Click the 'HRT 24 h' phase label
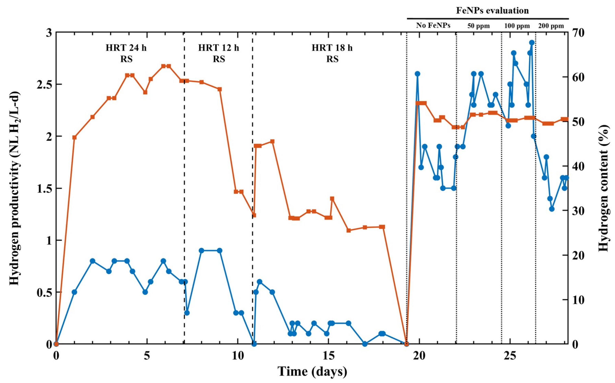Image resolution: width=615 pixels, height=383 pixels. tap(126, 48)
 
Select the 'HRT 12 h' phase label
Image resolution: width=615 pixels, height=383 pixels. tap(218, 48)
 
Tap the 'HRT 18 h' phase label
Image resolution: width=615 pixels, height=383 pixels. tap(332, 48)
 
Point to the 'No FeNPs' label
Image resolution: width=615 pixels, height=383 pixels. tap(433, 26)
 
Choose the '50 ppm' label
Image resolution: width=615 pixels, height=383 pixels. tap(478, 26)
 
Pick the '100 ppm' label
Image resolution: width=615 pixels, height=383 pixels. tap(517, 26)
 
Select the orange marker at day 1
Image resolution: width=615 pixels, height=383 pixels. tap(74, 137)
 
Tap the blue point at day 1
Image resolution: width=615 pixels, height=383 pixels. tap(74, 292)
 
